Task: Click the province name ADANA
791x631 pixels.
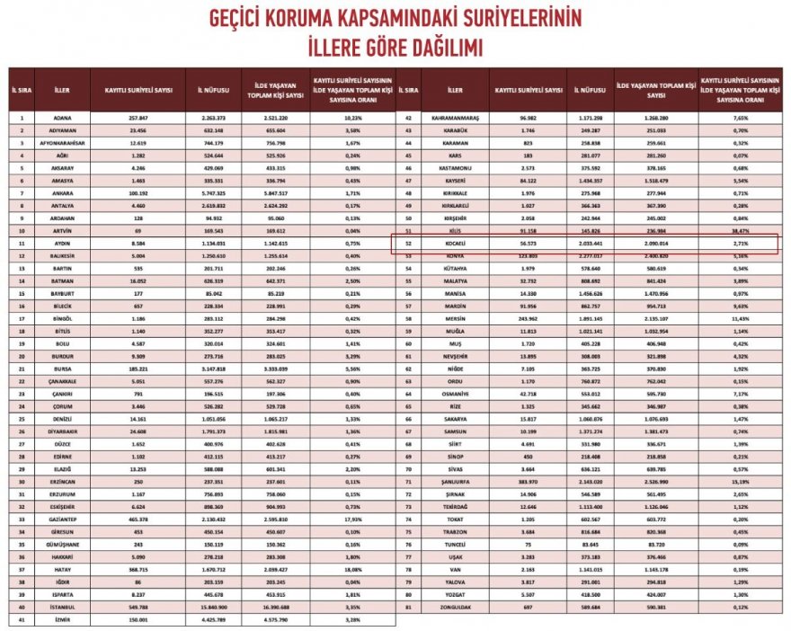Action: click(62, 117)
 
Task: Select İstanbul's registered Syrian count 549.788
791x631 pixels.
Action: click(138, 608)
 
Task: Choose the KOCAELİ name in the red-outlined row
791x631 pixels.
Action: click(455, 242)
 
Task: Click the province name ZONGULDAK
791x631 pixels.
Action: click(455, 607)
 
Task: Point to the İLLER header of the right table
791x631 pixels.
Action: click(455, 90)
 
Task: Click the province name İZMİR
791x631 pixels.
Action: click(62, 619)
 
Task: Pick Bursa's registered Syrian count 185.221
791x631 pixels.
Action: click(138, 368)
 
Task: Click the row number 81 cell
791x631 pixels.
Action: click(408, 607)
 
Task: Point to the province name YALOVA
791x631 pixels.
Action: click(455, 582)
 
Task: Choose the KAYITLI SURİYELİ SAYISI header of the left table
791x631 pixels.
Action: click(138, 90)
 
